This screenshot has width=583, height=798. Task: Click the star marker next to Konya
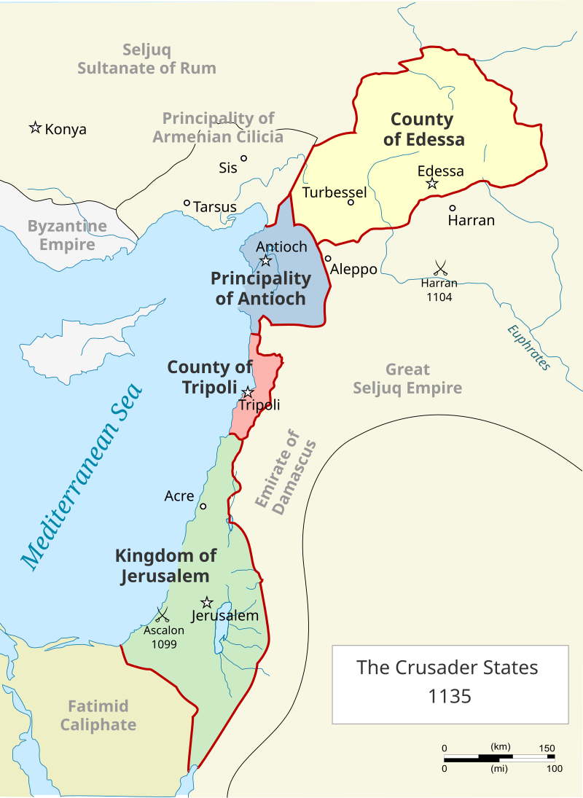tap(34, 128)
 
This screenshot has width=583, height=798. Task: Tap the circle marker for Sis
tap(244, 158)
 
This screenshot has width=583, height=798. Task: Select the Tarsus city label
tap(215, 207)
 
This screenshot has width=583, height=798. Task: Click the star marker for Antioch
tap(266, 260)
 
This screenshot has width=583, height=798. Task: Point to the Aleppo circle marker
tap(328, 258)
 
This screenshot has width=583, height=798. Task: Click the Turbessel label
tap(334, 192)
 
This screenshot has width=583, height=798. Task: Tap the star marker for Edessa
tap(432, 184)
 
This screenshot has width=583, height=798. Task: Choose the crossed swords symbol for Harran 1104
tap(439, 267)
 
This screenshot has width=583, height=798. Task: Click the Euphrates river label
tap(530, 347)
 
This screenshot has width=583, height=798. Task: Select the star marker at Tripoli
tap(249, 392)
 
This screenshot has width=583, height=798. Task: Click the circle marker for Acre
tap(203, 506)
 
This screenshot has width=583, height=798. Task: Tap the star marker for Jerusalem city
tap(207, 602)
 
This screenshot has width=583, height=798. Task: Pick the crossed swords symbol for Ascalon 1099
tap(163, 614)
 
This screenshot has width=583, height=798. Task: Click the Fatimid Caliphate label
tap(98, 715)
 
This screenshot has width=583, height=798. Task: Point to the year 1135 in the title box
tap(450, 696)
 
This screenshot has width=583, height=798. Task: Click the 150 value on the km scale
tap(547, 748)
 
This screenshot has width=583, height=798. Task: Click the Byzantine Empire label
tap(67, 235)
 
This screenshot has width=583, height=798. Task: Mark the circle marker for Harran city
tap(453, 208)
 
